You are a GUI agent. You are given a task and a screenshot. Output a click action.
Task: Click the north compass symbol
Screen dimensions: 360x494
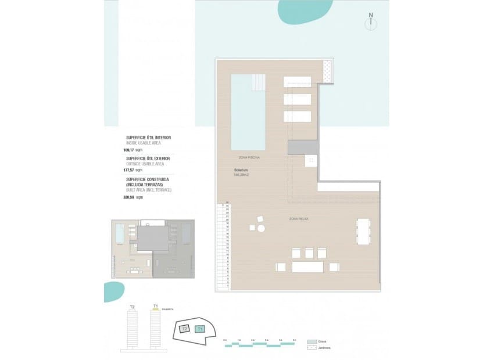click(370, 23)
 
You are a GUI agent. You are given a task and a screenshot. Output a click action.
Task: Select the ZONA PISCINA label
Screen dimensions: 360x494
click(249, 157)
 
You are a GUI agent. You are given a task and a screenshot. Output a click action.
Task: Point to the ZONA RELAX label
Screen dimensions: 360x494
click(299, 218)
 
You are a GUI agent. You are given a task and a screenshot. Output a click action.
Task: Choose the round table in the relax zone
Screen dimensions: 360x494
click(261, 228)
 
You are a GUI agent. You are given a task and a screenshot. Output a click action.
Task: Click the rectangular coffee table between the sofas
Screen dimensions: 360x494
click(307, 267)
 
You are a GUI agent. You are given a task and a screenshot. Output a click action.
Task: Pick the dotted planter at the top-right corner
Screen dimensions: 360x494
click(328, 71)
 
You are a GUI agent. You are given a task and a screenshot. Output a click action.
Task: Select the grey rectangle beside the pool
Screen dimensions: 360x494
click(302, 146)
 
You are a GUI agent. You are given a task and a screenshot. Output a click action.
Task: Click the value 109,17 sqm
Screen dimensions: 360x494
click(133, 150)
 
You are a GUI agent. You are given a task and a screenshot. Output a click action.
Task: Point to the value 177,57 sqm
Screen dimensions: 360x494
click(133, 171)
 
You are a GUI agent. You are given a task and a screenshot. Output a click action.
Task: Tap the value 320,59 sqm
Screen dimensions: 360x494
click(133, 197)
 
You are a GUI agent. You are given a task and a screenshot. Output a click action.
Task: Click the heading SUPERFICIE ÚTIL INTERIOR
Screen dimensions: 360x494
click(148, 138)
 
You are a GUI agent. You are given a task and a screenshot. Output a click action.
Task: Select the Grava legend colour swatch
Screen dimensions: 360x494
click(312, 342)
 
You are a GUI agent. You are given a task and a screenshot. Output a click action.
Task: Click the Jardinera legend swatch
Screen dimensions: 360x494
click(312, 348)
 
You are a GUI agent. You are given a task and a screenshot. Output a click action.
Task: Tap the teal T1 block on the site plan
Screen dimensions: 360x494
click(201, 329)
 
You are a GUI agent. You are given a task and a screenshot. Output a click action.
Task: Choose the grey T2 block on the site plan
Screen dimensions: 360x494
click(184, 329)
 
